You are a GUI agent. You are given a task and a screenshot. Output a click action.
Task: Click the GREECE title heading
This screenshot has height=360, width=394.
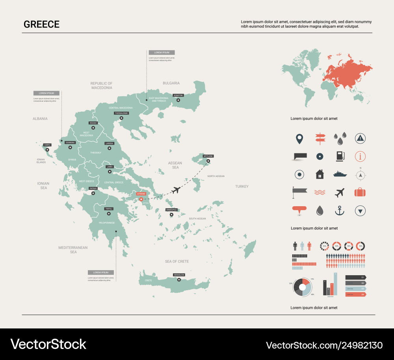(x=41, y=24)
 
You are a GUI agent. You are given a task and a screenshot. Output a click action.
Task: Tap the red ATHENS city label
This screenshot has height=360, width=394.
(x=141, y=194)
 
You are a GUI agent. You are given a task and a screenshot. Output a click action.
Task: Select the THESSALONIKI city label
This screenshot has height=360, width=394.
(x=121, y=113)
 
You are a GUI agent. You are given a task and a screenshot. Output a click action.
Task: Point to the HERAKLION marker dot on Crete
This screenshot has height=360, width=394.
(x=178, y=280)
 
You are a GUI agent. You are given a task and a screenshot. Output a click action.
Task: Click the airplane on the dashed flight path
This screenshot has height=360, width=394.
(x=176, y=190)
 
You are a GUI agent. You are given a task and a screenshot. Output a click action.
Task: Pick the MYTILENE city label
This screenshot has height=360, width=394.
(x=208, y=156)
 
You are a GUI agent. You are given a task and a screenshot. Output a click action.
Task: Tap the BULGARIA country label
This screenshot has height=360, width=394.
(x=171, y=83)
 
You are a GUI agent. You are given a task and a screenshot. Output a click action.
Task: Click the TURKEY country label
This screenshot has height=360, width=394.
(x=242, y=186)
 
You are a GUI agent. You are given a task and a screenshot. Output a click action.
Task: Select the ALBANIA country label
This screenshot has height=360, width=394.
(x=40, y=119)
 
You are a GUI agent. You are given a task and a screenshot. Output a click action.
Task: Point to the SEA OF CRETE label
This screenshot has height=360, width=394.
(x=177, y=261)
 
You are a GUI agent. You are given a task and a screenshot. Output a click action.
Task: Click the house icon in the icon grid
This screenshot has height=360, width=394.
(x=320, y=174)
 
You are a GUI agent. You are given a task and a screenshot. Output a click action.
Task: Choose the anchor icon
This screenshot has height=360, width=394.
(x=339, y=211)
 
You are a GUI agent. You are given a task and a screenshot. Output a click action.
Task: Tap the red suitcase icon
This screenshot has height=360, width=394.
(x=360, y=192)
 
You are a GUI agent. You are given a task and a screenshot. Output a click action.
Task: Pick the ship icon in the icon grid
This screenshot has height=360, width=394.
(x=340, y=174)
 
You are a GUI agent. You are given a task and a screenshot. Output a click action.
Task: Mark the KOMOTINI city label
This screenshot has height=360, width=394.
(x=178, y=95)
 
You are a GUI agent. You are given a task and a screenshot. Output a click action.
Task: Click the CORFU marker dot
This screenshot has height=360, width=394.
(x=47, y=149)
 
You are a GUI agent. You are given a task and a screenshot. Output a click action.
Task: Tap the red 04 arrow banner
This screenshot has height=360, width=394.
(x=355, y=294)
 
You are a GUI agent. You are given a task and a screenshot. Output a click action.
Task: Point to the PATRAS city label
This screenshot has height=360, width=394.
(x=93, y=188)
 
